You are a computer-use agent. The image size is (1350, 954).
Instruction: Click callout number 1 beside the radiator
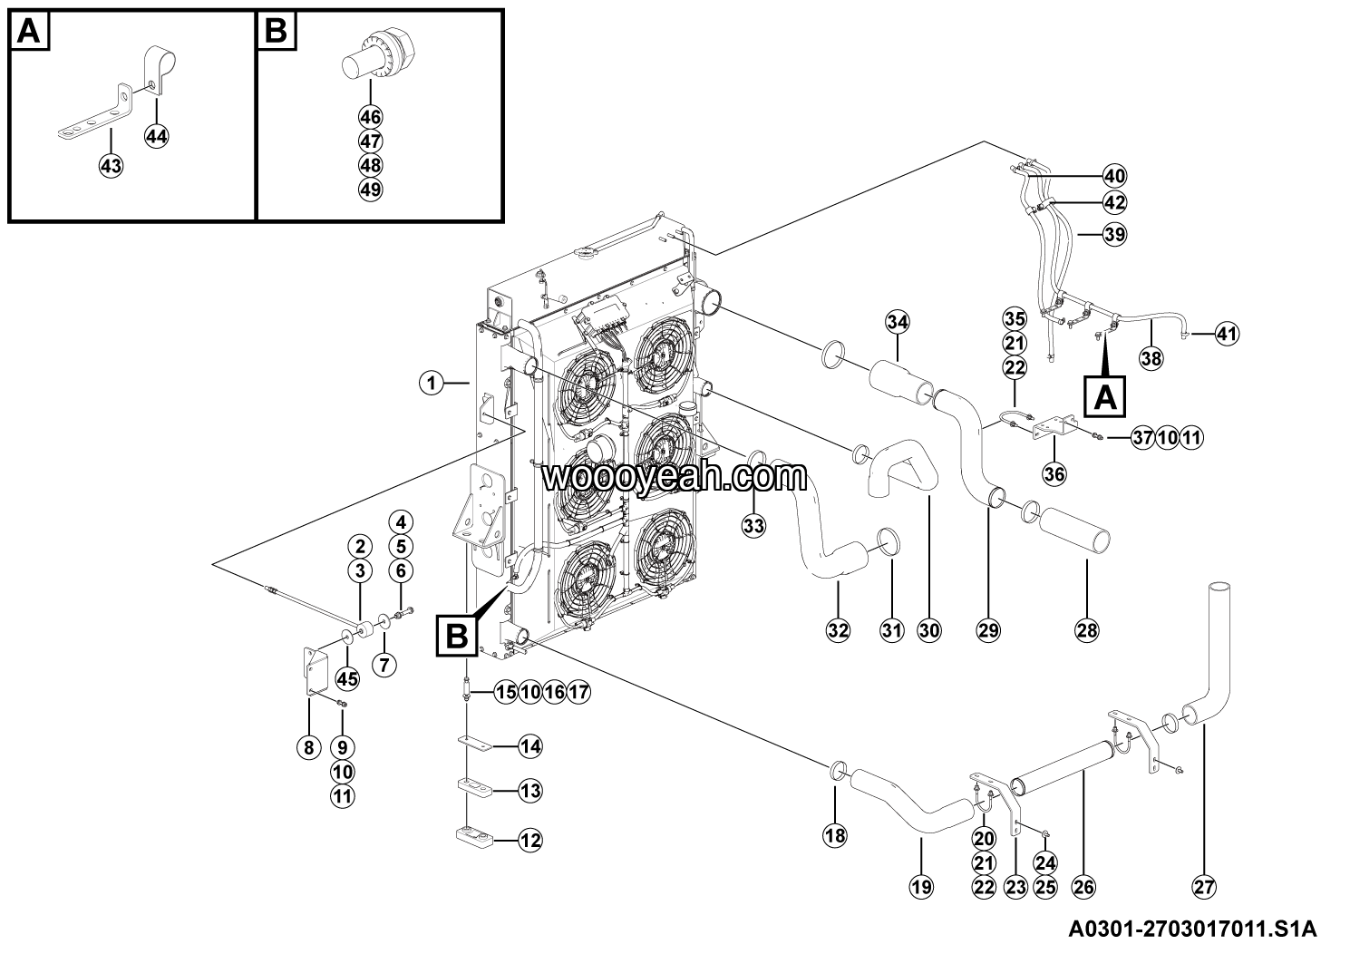432,384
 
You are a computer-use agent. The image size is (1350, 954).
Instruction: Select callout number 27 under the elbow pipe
1203,888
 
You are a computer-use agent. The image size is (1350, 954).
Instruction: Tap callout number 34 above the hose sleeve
897,321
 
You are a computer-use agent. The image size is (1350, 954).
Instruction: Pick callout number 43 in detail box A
111,166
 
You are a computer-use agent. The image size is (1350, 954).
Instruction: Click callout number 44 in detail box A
156,136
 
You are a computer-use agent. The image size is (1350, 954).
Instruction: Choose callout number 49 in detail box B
370,190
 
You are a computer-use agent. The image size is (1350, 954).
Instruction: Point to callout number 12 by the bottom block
530,841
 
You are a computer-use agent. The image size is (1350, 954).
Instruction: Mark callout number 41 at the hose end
1226,334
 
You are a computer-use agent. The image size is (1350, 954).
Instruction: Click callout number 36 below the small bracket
1054,472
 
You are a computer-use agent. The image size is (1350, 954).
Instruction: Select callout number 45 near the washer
347,677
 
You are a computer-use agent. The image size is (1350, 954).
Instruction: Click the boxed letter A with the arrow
1105,395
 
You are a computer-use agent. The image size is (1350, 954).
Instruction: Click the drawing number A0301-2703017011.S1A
1191,930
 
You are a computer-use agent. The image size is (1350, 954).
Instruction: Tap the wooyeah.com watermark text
674,475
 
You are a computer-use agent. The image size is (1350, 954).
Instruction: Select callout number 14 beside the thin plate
530,746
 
